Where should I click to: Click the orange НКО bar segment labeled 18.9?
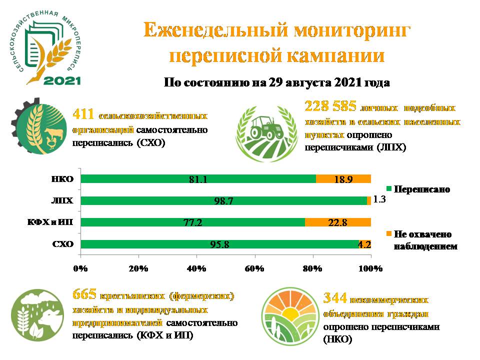(343, 179)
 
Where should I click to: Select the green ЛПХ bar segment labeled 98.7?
(223, 200)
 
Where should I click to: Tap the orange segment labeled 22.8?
(338, 222)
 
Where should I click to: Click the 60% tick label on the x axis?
(254, 268)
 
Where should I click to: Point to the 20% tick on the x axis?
(138, 268)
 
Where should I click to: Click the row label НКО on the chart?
(62, 179)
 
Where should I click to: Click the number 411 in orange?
(83, 114)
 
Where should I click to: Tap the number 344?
(334, 298)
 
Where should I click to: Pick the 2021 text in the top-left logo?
(62, 80)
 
